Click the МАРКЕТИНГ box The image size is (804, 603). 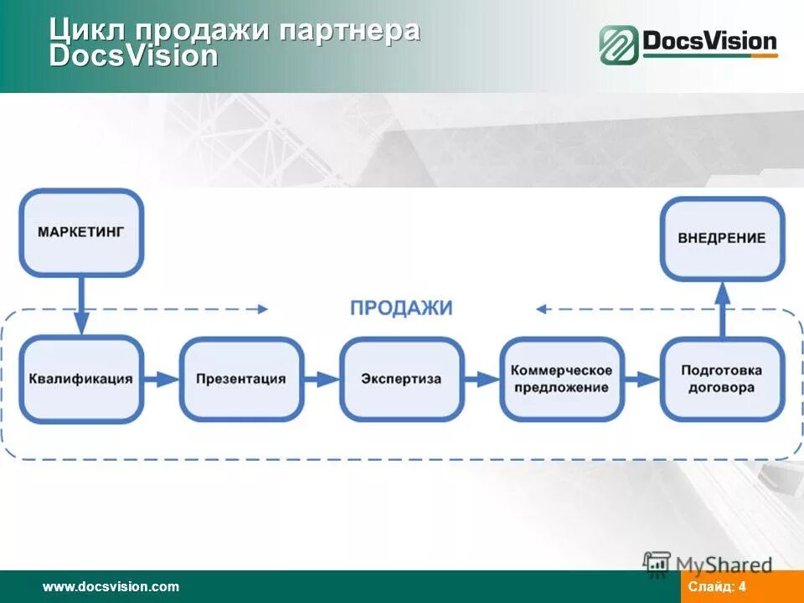pyautogui.click(x=81, y=232)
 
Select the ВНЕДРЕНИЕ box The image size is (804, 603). pyautogui.click(x=721, y=238)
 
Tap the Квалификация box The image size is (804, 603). pyautogui.click(x=81, y=379)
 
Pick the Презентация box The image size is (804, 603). pyautogui.click(x=240, y=379)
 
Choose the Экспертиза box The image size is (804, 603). pyautogui.click(x=401, y=379)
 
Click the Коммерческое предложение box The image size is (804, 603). pyautogui.click(x=561, y=379)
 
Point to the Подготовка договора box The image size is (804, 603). pyautogui.click(x=721, y=379)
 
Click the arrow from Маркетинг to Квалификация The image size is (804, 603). pyautogui.click(x=81, y=306)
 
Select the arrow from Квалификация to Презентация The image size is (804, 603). pyautogui.click(x=162, y=379)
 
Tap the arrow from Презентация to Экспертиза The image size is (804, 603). pyautogui.click(x=322, y=379)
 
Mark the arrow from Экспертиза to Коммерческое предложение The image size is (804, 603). pyautogui.click(x=482, y=379)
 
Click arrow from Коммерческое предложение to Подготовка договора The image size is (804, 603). pyautogui.click(x=642, y=379)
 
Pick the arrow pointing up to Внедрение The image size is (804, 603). pyautogui.click(x=722, y=308)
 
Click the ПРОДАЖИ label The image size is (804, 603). pyautogui.click(x=401, y=308)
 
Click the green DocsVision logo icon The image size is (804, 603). pyautogui.click(x=618, y=44)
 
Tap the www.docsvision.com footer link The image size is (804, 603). pyautogui.click(x=111, y=587)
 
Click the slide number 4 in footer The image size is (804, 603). pyautogui.click(x=742, y=587)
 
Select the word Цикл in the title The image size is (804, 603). pyautogui.click(x=88, y=30)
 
